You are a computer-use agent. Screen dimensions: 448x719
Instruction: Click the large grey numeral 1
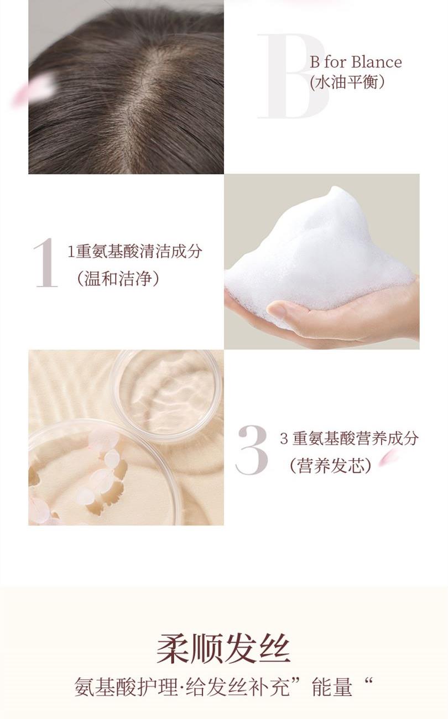[46, 262]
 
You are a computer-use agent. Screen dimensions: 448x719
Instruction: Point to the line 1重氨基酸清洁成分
[135, 251]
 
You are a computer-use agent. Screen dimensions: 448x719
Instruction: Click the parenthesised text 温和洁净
[118, 278]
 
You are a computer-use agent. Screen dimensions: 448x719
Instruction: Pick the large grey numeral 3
[252, 450]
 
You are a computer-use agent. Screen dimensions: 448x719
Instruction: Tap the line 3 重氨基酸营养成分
[349, 439]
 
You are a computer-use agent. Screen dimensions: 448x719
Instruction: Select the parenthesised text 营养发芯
[331, 466]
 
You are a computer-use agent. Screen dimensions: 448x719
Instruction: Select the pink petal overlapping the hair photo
[34, 89]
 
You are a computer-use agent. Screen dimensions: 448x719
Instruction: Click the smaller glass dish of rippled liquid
[166, 396]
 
